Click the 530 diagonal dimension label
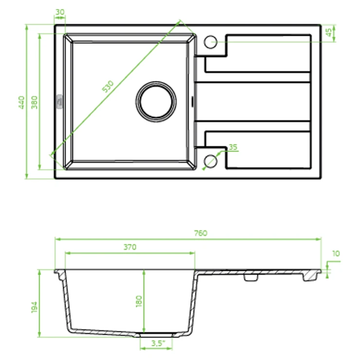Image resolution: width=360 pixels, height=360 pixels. coord(108,86)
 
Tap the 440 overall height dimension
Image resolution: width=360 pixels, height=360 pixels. coord(21,102)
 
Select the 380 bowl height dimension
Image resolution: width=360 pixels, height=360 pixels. coord(34,102)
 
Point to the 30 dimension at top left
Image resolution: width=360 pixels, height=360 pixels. coord(60,12)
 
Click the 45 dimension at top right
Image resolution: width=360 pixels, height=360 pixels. coord(329,32)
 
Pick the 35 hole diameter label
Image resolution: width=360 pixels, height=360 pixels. coord(233,147)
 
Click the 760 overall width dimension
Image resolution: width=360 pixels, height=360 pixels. coord(200,233)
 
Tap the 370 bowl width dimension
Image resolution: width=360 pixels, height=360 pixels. coord(130,247)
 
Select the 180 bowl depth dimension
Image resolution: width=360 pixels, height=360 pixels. coord(139,301)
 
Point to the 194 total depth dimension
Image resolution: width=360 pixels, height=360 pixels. coord(34,307)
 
